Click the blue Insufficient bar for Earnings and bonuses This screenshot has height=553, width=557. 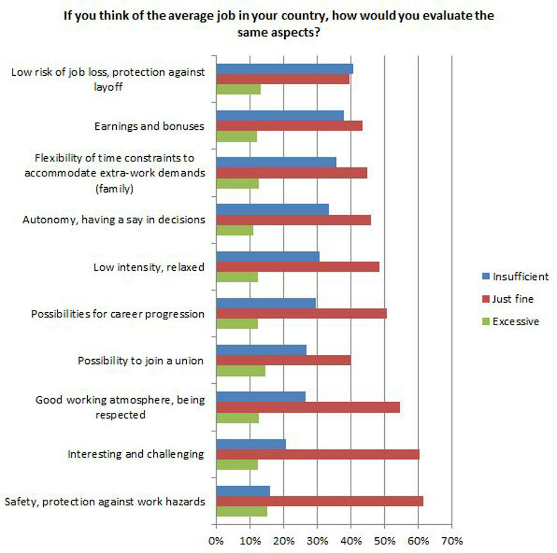[x=280, y=115]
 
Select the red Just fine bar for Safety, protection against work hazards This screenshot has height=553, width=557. [x=319, y=501]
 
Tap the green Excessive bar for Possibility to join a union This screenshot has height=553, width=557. [x=241, y=371]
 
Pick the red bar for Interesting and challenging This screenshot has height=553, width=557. [x=318, y=454]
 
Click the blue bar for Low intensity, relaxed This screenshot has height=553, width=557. [x=268, y=257]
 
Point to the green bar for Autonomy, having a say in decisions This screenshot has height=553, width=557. [x=235, y=231]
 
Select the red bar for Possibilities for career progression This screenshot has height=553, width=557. [x=301, y=313]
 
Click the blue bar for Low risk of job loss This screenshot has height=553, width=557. [x=285, y=69]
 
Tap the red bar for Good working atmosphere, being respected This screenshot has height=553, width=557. [x=308, y=407]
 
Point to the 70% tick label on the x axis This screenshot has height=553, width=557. [x=452, y=541]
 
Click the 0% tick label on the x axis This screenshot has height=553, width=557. [x=216, y=541]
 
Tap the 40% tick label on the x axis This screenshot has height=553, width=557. [x=351, y=541]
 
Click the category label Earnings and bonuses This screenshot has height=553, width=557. [x=149, y=126]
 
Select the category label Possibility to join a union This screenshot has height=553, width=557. [x=141, y=360]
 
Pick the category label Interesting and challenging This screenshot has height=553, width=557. [x=136, y=454]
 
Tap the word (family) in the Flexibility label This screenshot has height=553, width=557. [x=114, y=189]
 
